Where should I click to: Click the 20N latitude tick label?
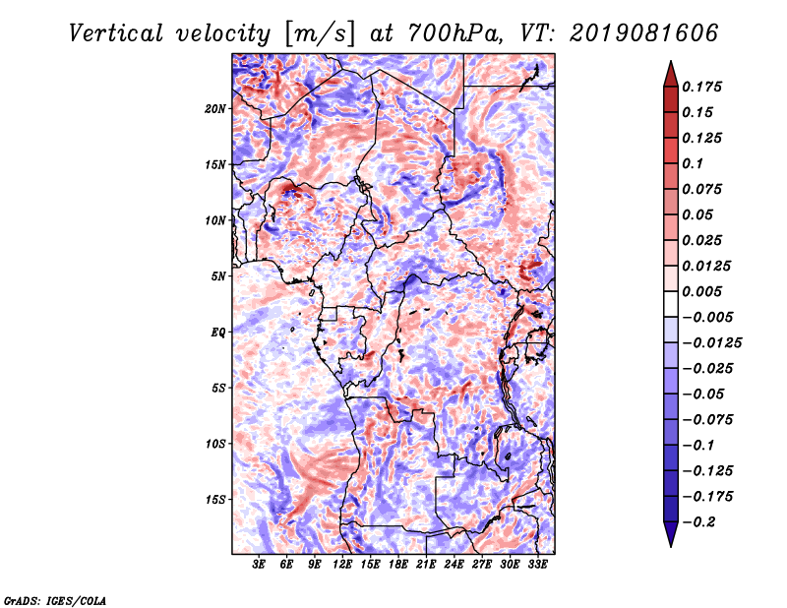point(215,109)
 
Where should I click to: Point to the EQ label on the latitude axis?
point(218,333)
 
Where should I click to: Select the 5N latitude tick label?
point(218,276)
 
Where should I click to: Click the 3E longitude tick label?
point(259,565)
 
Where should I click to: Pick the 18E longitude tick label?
point(398,565)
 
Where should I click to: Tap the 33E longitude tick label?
point(537,565)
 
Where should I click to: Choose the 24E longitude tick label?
point(454,565)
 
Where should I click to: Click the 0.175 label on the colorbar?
point(701,87)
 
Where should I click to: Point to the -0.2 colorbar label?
point(698,522)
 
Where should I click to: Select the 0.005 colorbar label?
point(701,291)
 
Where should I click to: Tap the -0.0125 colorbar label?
point(711,343)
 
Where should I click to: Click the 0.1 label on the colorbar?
point(693,163)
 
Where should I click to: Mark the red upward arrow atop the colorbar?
point(671,74)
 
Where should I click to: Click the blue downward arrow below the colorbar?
point(671,534)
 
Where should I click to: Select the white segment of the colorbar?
point(671,304)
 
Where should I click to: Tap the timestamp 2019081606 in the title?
point(644,33)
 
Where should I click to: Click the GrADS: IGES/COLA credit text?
point(55,601)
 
